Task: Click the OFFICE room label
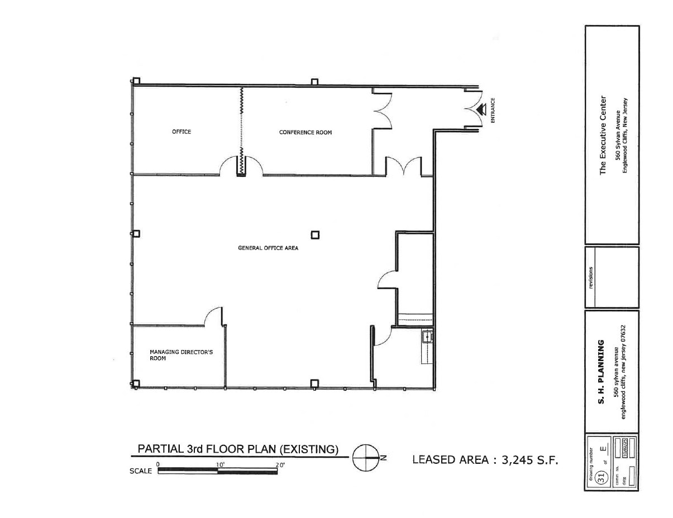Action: click(x=181, y=132)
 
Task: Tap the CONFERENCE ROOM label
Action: click(x=305, y=132)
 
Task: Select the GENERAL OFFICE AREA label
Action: click(x=268, y=248)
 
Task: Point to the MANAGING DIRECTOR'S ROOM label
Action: click(x=181, y=355)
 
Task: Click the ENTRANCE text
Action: click(x=493, y=111)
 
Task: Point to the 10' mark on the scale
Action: click(x=219, y=464)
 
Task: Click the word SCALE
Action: click(x=140, y=471)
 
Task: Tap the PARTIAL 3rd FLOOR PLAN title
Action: click(x=238, y=449)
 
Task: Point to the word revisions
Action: click(x=590, y=277)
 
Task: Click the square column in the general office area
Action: click(x=315, y=235)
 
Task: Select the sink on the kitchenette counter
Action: click(x=427, y=337)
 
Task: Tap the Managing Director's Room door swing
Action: click(x=213, y=315)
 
